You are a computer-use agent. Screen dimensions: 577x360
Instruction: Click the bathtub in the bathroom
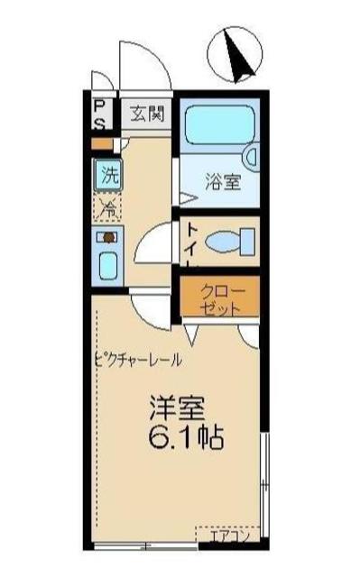(x=216, y=126)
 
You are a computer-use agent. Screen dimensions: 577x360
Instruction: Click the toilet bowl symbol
(x=229, y=243)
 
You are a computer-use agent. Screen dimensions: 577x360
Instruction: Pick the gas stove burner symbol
(x=107, y=239)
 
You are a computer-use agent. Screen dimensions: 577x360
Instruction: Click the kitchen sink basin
(x=107, y=269)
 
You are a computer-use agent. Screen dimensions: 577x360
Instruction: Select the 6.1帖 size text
(x=185, y=441)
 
